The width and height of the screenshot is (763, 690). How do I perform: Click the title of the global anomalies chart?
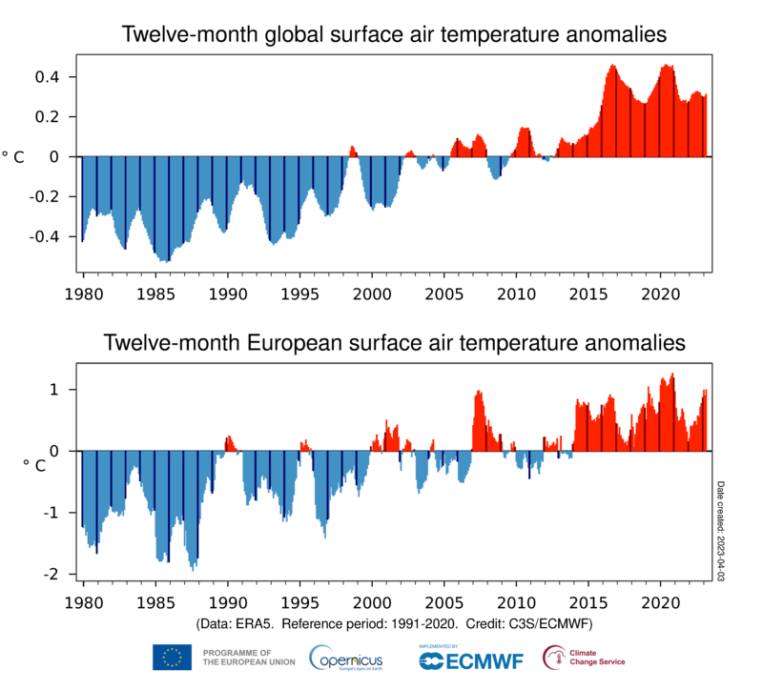point(393,36)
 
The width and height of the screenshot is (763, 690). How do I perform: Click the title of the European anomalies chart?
point(393,341)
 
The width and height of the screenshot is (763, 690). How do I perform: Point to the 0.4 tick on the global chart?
point(52,76)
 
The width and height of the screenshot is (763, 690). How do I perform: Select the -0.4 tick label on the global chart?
point(49,236)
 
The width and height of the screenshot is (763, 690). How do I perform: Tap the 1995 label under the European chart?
point(299,602)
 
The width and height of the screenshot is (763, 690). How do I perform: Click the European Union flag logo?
point(172,657)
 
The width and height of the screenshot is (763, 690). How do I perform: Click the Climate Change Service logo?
point(584,657)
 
